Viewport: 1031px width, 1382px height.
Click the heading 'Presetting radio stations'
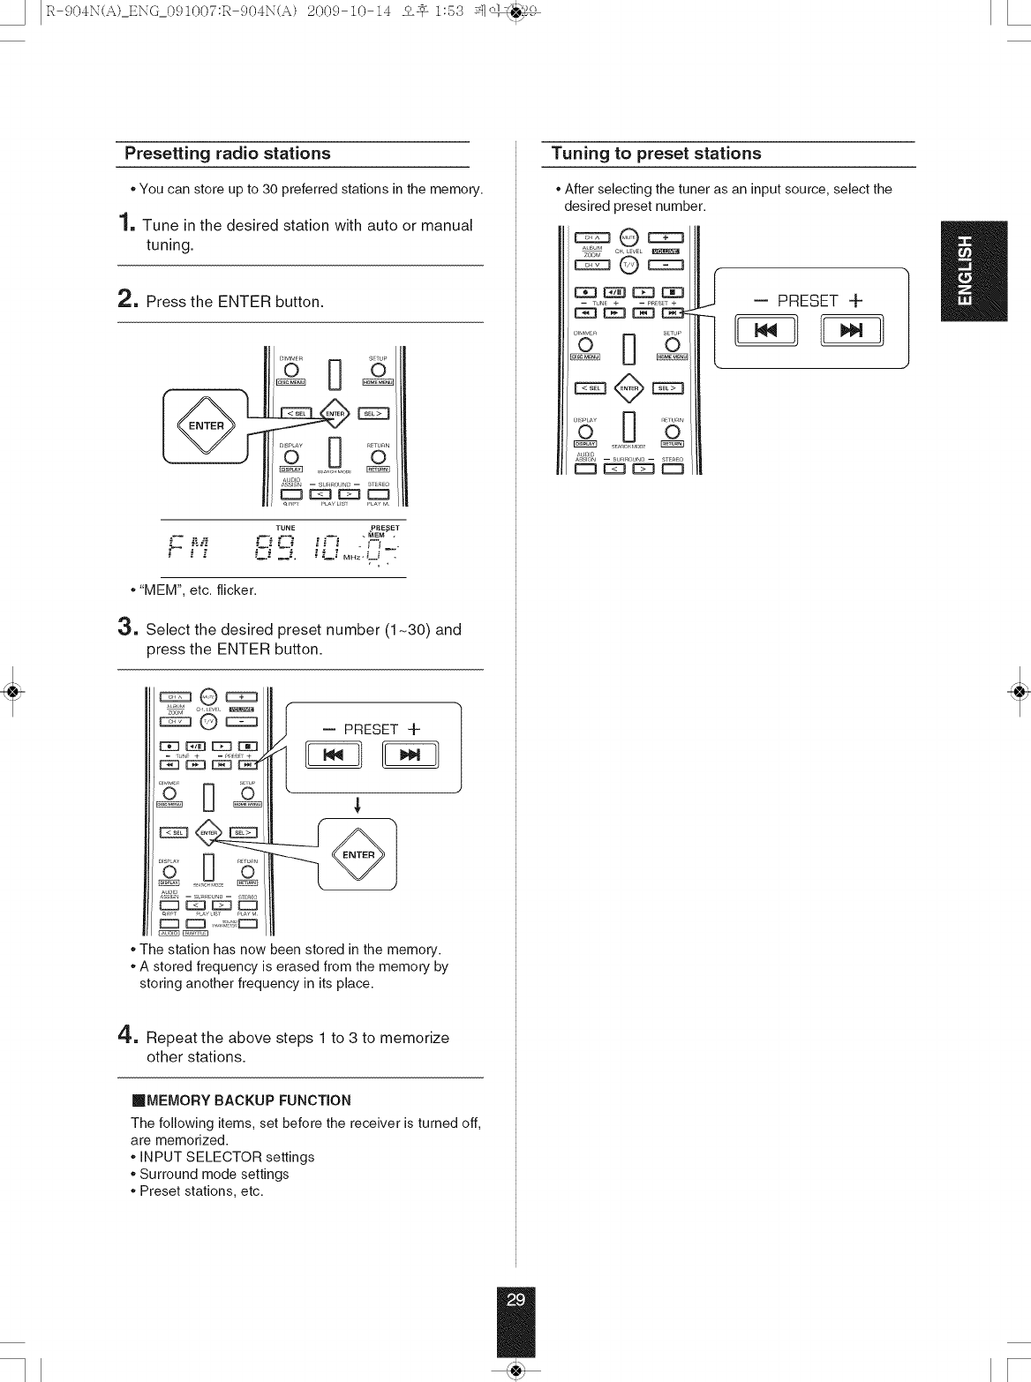click(227, 153)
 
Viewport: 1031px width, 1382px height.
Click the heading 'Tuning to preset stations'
click(655, 153)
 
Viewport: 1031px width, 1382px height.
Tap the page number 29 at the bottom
click(516, 1299)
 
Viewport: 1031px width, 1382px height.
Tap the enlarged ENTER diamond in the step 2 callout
click(206, 425)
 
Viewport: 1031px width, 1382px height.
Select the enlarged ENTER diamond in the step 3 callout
click(358, 854)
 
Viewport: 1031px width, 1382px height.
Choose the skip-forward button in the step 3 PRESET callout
click(410, 755)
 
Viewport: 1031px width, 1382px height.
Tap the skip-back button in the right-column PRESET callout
click(765, 331)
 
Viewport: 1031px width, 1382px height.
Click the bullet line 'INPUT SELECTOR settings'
click(226, 1156)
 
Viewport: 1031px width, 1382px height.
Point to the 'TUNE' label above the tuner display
click(285, 528)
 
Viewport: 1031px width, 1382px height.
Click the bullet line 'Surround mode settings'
click(214, 1174)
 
